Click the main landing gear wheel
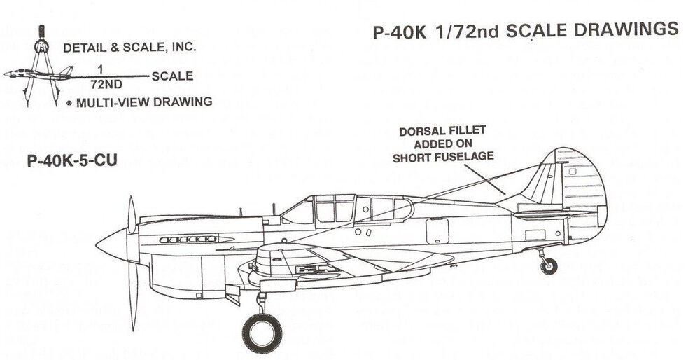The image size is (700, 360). pos(262,333)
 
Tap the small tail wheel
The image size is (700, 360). pos(549,266)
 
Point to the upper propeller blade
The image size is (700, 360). pos(132,214)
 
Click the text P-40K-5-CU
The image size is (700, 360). pos(72,160)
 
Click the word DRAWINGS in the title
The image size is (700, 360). pos(626,29)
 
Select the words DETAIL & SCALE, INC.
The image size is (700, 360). pos(129,48)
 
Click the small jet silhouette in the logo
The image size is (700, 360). pos(38,74)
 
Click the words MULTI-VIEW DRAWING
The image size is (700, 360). pos(144,102)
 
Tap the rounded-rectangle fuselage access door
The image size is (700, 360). pos(437,231)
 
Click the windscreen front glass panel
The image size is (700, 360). pos(299,212)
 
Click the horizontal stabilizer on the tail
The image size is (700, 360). pos(554,214)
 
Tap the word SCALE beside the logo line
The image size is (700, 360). pos(172,76)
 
